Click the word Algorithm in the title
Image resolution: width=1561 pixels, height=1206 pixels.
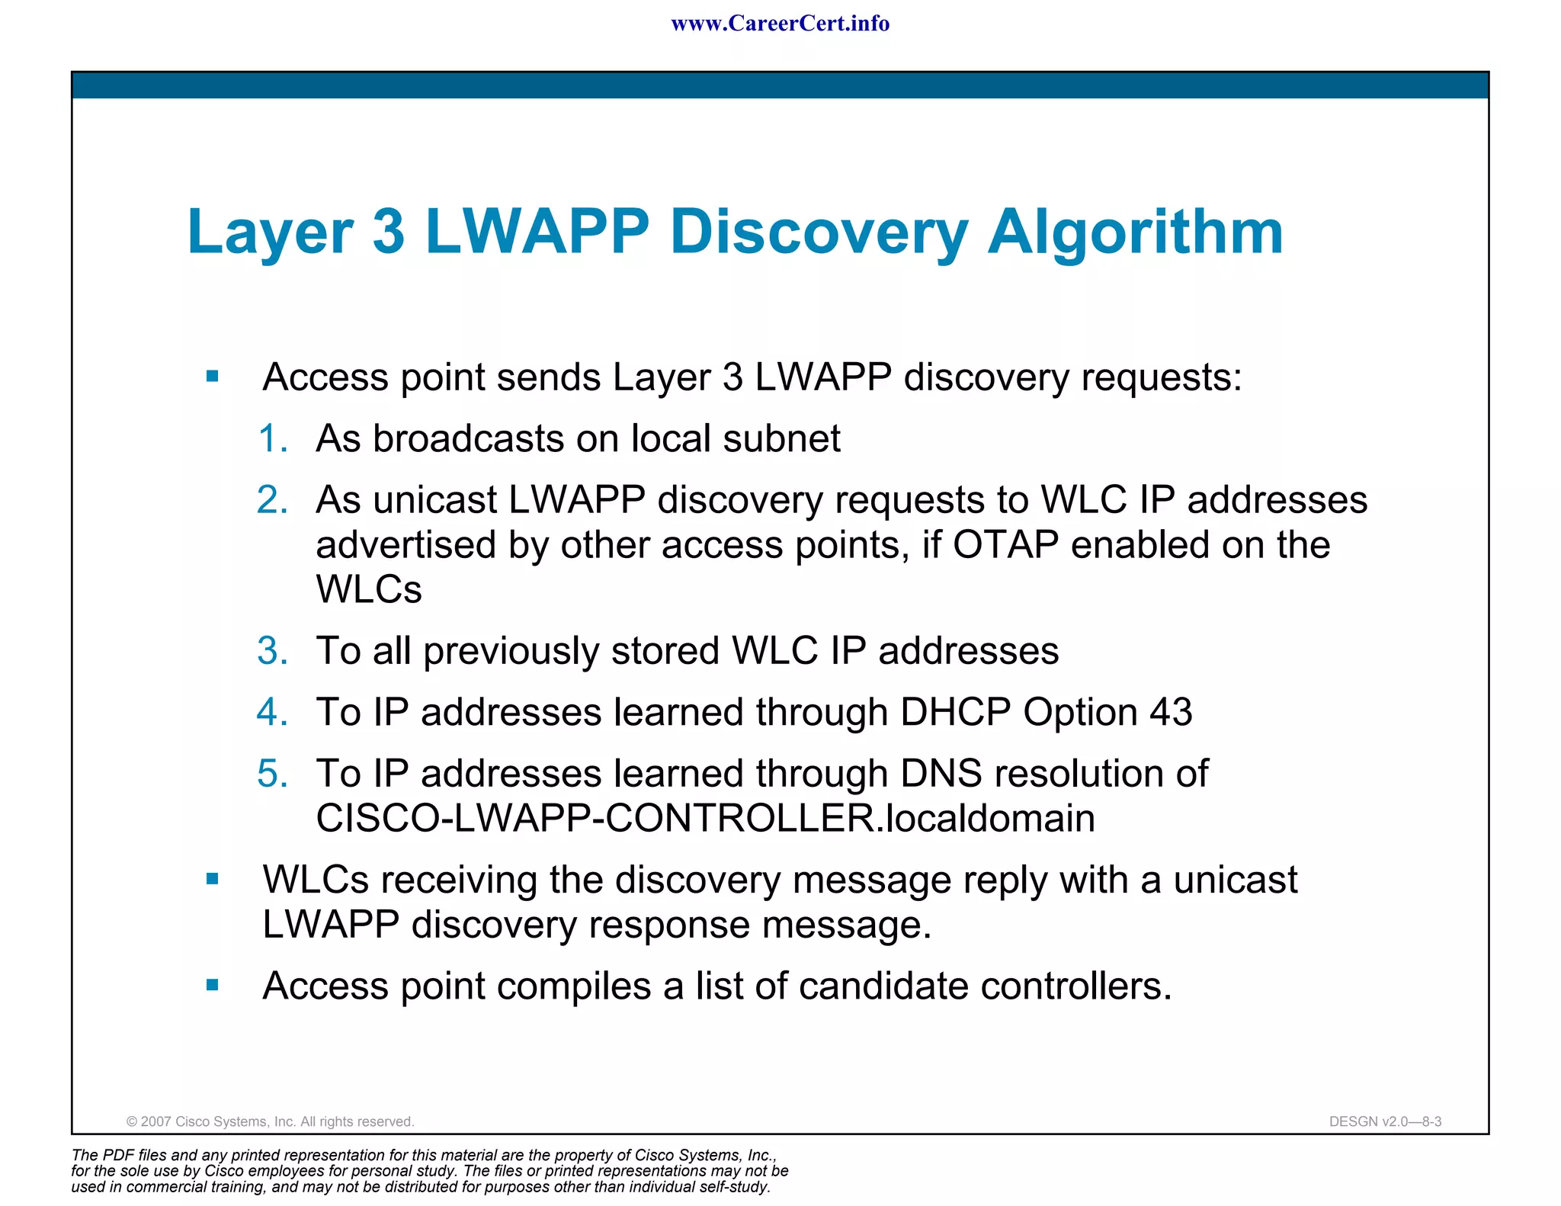click(1135, 232)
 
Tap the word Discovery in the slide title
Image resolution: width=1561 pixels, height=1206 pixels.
click(819, 232)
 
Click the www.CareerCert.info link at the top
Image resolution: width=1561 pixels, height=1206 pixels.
click(780, 24)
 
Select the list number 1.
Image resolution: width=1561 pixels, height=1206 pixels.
click(273, 439)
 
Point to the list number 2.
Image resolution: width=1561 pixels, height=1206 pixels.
click(273, 501)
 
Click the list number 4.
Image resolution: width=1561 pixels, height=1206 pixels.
click(273, 713)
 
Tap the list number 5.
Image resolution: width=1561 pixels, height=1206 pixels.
click(273, 774)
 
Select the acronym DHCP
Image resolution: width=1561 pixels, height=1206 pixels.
click(955, 713)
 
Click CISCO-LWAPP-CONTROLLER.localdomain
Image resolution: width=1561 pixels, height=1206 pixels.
click(705, 819)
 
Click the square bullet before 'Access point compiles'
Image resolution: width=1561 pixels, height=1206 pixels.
click(213, 986)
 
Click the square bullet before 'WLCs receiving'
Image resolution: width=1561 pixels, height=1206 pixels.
click(213, 880)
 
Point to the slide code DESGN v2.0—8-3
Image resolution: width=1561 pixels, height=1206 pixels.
click(1385, 1121)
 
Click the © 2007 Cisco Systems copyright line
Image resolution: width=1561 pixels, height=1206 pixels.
click(270, 1121)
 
